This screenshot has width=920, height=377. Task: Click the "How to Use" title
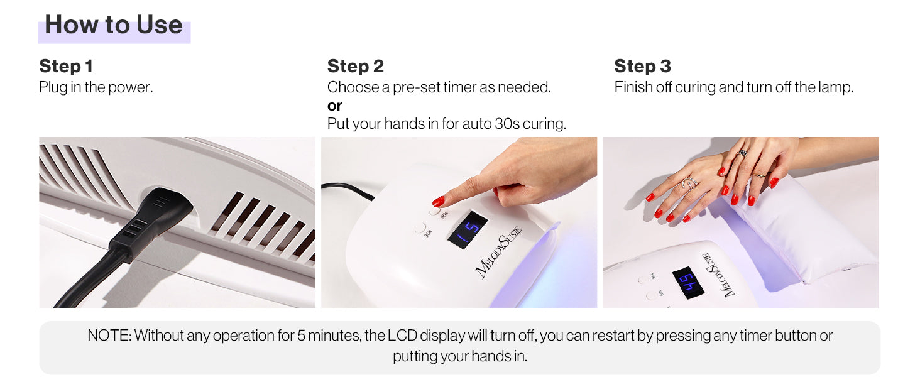114,25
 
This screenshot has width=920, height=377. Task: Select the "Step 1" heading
66,66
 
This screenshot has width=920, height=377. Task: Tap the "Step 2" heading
355,66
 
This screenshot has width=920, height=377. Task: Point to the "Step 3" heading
642,66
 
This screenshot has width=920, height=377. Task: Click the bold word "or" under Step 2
334,106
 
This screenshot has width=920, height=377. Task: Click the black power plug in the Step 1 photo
156,217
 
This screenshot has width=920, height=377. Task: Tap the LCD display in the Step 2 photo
468,230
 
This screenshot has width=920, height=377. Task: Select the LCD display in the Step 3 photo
688,283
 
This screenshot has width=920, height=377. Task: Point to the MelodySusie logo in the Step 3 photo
718,275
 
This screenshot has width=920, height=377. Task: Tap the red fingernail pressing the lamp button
438,201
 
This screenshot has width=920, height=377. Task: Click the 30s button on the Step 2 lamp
420,228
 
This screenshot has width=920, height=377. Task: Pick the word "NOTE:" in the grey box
109,336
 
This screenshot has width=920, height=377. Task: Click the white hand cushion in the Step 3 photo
801,230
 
